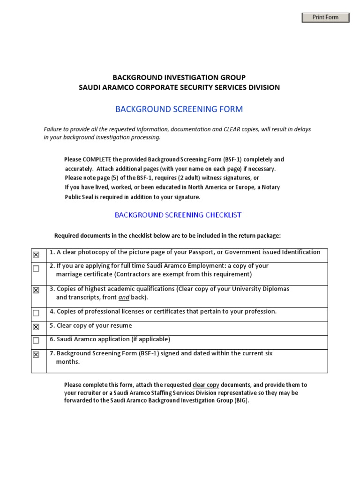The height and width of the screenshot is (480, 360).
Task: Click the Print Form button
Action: click(325, 17)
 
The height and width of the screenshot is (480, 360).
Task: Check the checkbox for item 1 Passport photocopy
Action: click(36, 255)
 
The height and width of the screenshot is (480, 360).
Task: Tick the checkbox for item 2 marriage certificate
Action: click(36, 269)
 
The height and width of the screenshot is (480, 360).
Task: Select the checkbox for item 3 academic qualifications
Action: click(36, 291)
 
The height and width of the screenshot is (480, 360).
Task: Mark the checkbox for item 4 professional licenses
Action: click(36, 313)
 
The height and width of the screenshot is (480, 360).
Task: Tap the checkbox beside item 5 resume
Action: click(36, 327)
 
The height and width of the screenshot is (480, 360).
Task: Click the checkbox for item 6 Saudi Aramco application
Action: click(36, 341)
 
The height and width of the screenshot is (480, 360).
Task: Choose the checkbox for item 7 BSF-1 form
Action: click(36, 355)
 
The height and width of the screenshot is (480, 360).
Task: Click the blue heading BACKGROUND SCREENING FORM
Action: click(179, 109)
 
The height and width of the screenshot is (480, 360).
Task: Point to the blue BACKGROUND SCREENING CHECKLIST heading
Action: click(178, 215)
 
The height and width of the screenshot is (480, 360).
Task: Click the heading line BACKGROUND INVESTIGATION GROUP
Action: click(179, 77)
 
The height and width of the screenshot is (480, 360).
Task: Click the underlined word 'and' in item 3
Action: click(124, 298)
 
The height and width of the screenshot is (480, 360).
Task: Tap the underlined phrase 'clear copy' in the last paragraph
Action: click(206, 385)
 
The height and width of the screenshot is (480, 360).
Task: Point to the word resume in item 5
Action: click(121, 326)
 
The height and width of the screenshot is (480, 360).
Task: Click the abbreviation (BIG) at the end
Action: click(241, 401)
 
